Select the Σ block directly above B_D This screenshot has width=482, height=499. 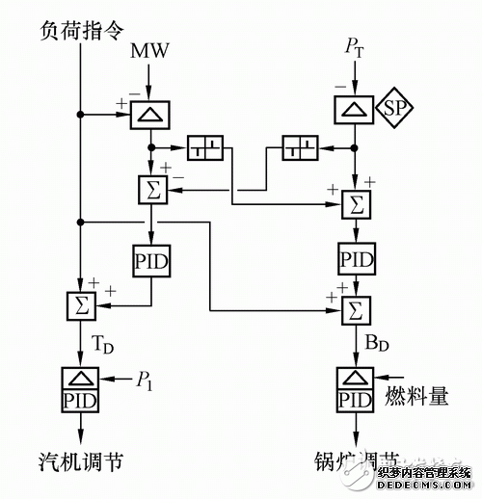tap(357, 308)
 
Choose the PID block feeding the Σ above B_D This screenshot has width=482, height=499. tap(357, 257)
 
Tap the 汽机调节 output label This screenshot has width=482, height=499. tap(81, 462)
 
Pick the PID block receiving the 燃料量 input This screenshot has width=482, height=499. tap(357, 397)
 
